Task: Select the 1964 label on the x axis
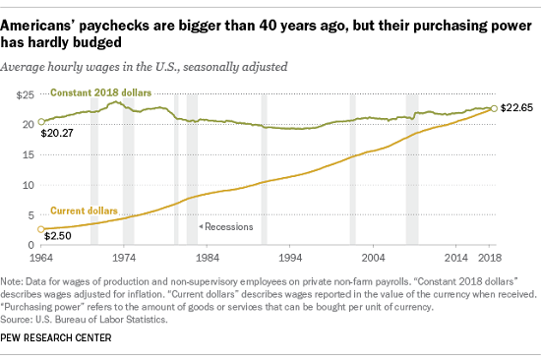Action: pos(42,258)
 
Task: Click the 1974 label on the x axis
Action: pos(121,258)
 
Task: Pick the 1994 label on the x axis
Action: pos(285,258)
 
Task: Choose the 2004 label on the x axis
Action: pos(370,258)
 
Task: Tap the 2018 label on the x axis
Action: pos(490,258)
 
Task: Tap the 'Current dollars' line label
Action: pos(82,211)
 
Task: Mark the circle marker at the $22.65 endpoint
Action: pos(494,108)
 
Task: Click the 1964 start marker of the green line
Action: pos(40,123)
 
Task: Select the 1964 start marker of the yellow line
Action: pos(40,229)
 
